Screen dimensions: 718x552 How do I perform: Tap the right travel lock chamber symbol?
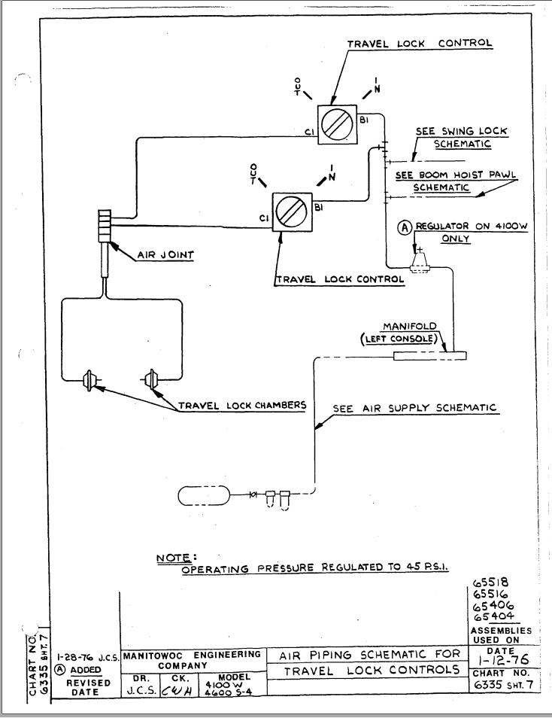pyautogui.click(x=154, y=380)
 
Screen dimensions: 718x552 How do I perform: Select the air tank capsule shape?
pyautogui.click(x=205, y=495)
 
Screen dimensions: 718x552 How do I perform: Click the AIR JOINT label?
pyautogui.click(x=165, y=255)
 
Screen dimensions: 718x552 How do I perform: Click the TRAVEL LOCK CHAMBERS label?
pyautogui.click(x=242, y=405)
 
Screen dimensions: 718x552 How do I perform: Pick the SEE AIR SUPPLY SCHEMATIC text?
pyautogui.click(x=415, y=408)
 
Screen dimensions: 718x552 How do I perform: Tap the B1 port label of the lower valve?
pyautogui.click(x=319, y=205)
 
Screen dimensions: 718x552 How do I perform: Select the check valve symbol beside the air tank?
pyautogui.click(x=254, y=494)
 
